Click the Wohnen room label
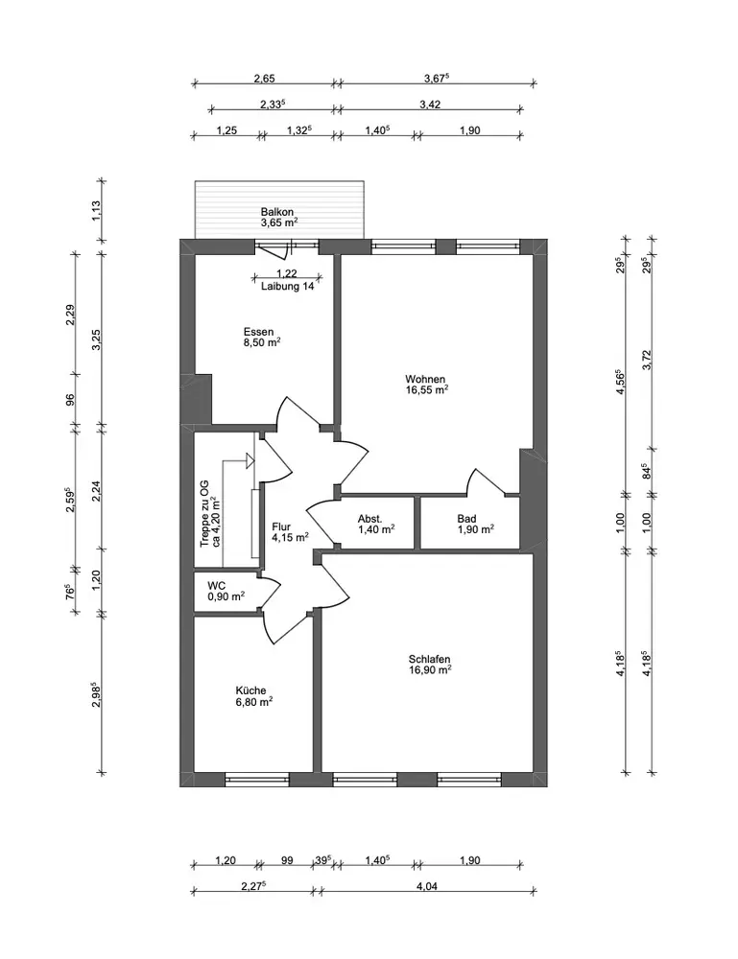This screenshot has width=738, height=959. coord(425,379)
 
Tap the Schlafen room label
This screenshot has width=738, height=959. coord(430,660)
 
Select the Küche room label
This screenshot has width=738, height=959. coord(250,690)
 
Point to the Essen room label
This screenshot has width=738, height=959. coord(259,332)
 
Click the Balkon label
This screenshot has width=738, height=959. coord(277,212)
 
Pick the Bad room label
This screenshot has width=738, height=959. coord(467,519)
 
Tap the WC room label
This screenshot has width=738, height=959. coord(217,586)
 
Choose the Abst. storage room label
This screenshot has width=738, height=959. coord(370,519)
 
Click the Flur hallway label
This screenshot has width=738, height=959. coord(281,526)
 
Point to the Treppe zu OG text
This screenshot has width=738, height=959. coord(205,513)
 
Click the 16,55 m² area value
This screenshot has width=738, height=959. coord(426,389)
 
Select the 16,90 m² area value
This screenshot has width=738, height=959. coord(430,669)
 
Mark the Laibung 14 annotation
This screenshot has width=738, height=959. coord(288,286)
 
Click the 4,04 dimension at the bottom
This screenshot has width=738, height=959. coord(427,885)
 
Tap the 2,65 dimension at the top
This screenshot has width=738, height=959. coord(264,79)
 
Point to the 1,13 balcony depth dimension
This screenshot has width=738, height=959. coord(96,211)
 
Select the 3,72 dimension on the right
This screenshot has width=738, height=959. coord(648,360)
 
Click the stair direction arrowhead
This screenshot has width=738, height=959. coord(250,460)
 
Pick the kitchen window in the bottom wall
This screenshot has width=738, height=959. coord(257,779)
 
